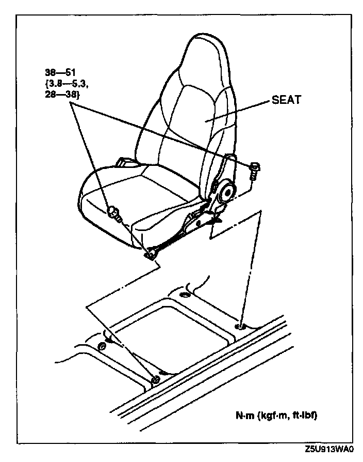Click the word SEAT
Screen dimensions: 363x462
pos(286,101)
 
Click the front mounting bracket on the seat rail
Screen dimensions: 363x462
pos(152,253)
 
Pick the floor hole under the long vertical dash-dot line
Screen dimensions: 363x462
pos(240,326)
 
